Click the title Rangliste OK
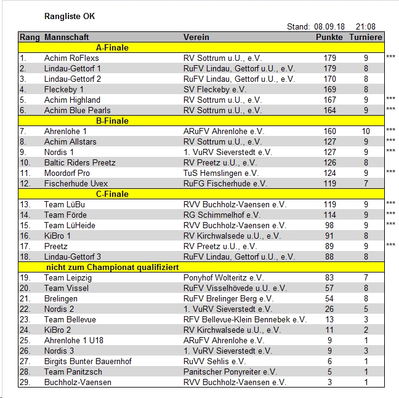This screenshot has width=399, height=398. [x=70, y=16]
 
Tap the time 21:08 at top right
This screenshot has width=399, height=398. [x=366, y=27]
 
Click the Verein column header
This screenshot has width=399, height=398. [x=196, y=37]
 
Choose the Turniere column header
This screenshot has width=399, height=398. [x=366, y=37]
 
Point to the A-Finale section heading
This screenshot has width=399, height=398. [x=112, y=47]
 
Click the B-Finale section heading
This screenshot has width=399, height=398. [x=112, y=121]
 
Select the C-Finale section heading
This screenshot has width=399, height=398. [x=112, y=194]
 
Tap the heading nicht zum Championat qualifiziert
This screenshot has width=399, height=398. [x=113, y=267]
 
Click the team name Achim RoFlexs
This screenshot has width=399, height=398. [x=71, y=58]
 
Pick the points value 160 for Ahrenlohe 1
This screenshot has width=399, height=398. [x=330, y=131]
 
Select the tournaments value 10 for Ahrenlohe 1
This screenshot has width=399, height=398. [x=366, y=131]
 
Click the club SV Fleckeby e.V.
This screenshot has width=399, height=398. [x=215, y=89]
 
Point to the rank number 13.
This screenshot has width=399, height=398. [x=25, y=204]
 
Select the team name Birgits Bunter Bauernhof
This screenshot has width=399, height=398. [x=88, y=361]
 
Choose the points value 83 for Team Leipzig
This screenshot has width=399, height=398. [x=330, y=277]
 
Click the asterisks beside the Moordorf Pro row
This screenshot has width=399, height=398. [x=390, y=173]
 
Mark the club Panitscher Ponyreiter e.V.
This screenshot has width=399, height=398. [x=230, y=372]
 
